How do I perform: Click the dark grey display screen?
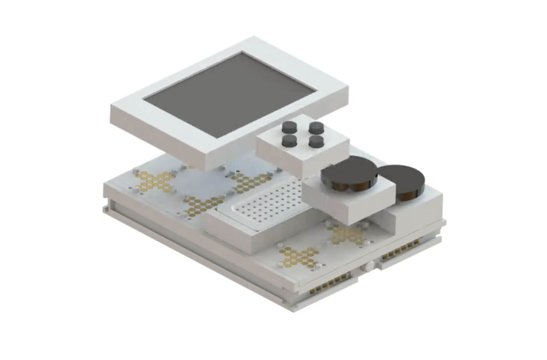pos(229,94)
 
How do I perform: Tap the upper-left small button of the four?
pos(289,127)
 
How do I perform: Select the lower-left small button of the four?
pos(289,141)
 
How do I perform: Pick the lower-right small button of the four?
pos(316,141)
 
